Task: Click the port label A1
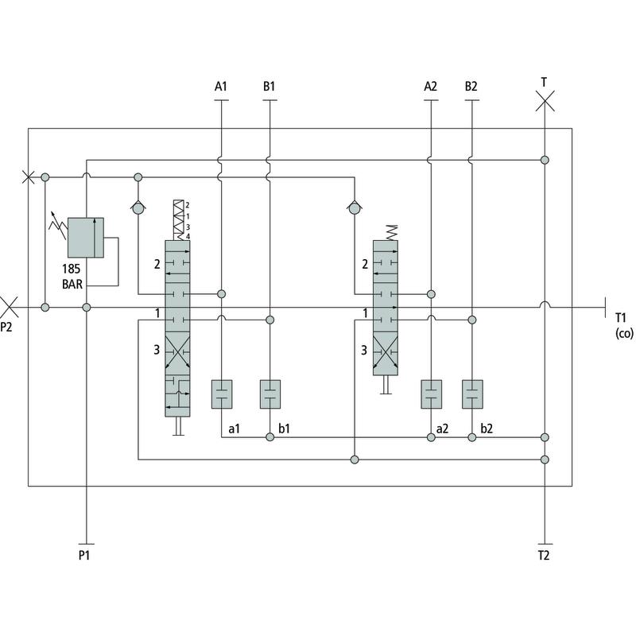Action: click(x=220, y=86)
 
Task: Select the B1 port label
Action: click(x=270, y=86)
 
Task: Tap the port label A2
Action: click(x=430, y=86)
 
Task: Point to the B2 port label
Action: click(x=471, y=86)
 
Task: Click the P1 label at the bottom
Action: click(x=84, y=555)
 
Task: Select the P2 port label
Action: click(x=7, y=326)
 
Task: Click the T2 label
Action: click(x=544, y=555)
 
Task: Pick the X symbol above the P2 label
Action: click(x=10, y=306)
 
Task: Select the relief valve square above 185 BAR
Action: click(x=85, y=237)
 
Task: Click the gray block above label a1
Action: click(x=221, y=394)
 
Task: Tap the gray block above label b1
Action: click(x=270, y=394)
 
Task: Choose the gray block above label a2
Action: click(x=431, y=394)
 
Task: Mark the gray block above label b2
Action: click(x=472, y=394)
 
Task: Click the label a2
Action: click(x=443, y=429)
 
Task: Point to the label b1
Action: click(x=285, y=429)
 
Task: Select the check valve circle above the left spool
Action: click(x=138, y=208)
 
